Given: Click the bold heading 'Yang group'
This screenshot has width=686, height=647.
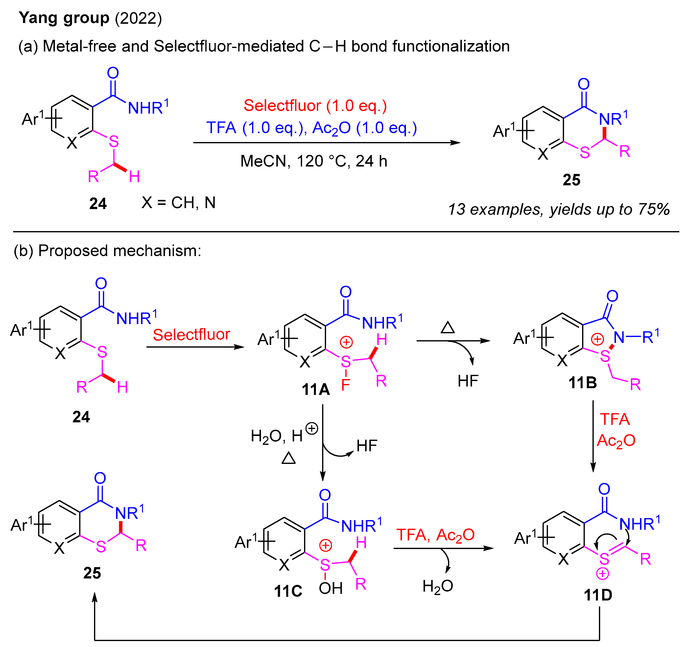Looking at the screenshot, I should (x=64, y=18).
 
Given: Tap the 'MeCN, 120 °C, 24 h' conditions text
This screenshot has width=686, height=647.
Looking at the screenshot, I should (x=314, y=161).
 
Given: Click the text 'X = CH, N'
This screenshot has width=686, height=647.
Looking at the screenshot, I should (x=178, y=203).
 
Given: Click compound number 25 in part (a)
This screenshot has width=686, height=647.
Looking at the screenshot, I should (x=571, y=180).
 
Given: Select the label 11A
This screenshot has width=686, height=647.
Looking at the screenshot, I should (x=315, y=390).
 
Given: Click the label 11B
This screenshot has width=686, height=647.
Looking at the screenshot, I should (x=583, y=383).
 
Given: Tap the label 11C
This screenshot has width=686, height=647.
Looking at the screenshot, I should (x=288, y=591).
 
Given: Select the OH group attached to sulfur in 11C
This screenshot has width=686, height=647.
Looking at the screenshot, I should (x=331, y=589).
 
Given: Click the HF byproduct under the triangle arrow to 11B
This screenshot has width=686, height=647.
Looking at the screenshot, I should (x=468, y=381).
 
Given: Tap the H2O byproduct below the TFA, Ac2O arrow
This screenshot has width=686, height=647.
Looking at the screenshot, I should (x=438, y=587).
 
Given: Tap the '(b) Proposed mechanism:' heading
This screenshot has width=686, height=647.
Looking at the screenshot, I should (x=107, y=251).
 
